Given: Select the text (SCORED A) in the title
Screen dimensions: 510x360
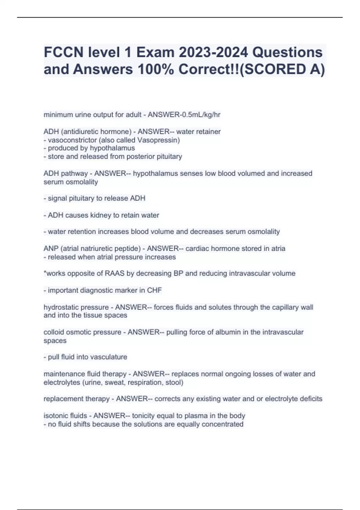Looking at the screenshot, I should pos(283,69).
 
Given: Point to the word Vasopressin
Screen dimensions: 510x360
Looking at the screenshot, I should pos(158,140).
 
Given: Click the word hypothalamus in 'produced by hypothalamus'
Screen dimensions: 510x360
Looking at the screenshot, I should pos(112,148).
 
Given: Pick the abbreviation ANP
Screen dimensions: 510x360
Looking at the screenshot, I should pos(51,249).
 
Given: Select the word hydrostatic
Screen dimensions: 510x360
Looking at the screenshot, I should pos(61,307).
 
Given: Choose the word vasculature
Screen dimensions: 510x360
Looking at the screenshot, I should pos(109,357).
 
